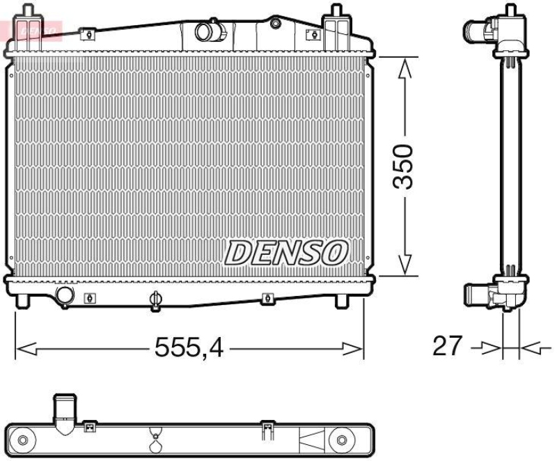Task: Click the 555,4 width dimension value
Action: point(189,346)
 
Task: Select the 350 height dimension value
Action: point(403,166)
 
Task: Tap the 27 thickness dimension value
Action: point(447,345)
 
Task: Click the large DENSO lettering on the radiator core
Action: point(285,252)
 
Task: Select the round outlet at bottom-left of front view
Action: point(65,295)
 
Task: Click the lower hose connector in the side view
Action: point(480,295)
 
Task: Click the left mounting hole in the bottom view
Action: point(24,440)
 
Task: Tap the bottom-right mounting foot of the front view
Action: point(341,302)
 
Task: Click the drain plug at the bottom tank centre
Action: point(155,299)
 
